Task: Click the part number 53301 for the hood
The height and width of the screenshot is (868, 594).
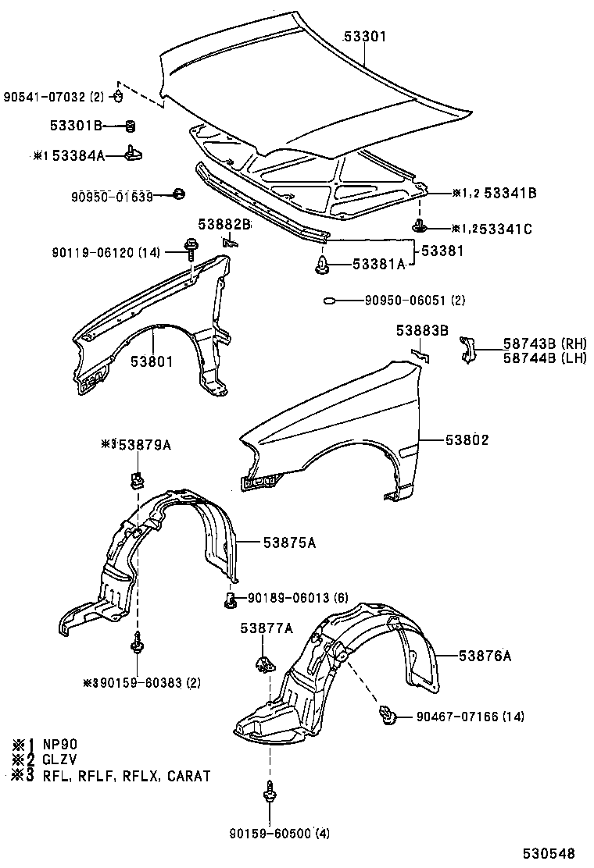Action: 366,37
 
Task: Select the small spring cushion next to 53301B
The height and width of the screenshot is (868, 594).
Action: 131,125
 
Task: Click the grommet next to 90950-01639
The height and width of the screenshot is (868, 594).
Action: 178,194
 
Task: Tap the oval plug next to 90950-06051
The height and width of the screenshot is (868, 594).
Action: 330,300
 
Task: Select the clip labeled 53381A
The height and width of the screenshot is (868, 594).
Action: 321,265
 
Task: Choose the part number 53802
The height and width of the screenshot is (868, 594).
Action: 467,439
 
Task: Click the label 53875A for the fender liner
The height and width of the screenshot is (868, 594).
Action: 289,542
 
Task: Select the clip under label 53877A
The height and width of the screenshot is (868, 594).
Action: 262,664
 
